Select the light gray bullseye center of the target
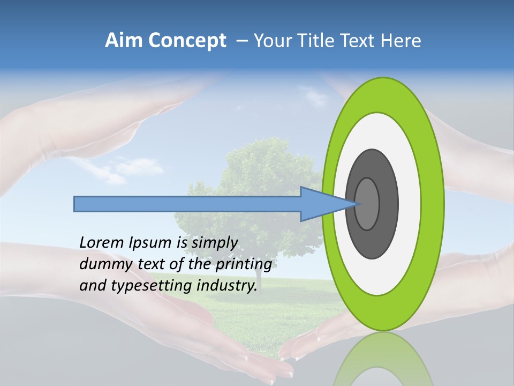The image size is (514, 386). [367, 204]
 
